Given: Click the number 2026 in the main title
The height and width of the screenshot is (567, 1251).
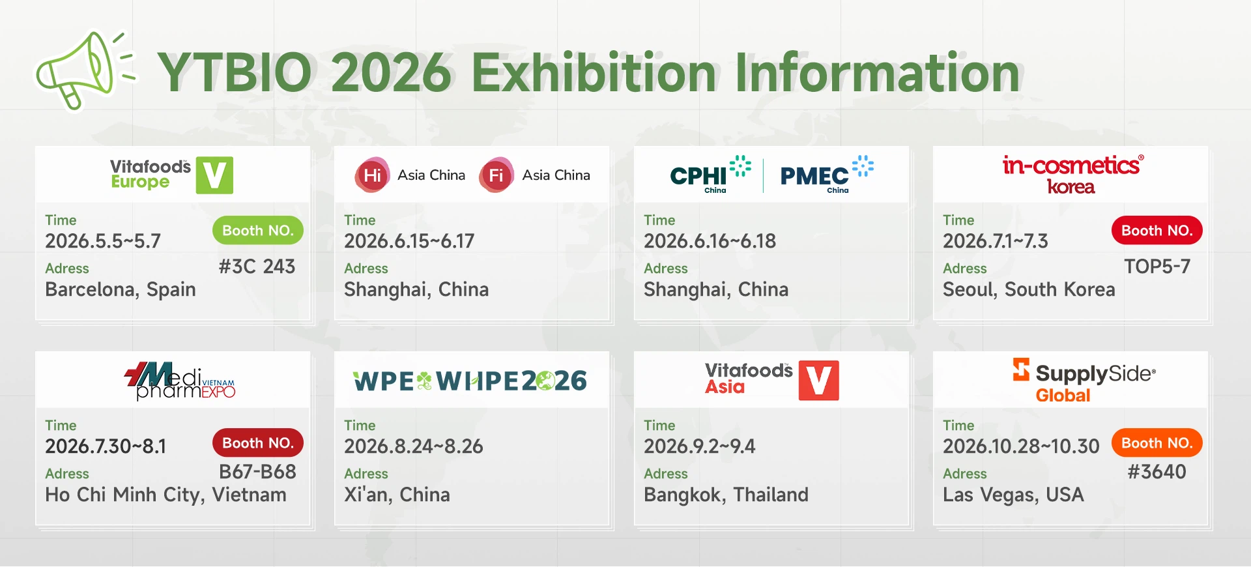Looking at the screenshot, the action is pyautogui.click(x=391, y=72).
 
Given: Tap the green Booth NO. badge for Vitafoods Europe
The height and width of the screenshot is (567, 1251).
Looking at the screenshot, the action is pyautogui.click(x=258, y=231).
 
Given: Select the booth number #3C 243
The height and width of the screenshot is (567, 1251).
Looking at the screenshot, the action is pyautogui.click(x=257, y=267).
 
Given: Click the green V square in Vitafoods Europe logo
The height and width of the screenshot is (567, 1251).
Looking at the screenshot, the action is pyautogui.click(x=214, y=175).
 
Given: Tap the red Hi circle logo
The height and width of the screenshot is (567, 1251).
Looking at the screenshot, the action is pyautogui.click(x=373, y=175).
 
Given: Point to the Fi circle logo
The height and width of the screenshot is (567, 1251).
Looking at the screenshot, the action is pyautogui.click(x=496, y=175).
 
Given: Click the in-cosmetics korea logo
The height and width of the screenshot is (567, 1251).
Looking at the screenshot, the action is pyautogui.click(x=1072, y=175).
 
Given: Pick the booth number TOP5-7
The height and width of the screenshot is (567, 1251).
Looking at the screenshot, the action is pyautogui.click(x=1157, y=267).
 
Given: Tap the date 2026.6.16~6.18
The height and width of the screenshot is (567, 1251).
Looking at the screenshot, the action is pyautogui.click(x=710, y=241).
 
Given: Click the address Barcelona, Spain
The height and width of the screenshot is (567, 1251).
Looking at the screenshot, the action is pyautogui.click(x=121, y=289).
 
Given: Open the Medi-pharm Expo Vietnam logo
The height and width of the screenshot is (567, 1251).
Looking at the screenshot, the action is pyautogui.click(x=180, y=381).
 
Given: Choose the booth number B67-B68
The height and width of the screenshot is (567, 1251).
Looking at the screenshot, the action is pyautogui.click(x=257, y=472).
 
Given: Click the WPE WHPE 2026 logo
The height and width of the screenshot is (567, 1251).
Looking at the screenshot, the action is pyautogui.click(x=470, y=381).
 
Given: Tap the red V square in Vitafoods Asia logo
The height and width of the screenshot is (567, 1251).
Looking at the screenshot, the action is pyautogui.click(x=819, y=381).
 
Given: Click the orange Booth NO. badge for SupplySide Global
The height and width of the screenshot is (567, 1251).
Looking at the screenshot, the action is pyautogui.click(x=1157, y=443).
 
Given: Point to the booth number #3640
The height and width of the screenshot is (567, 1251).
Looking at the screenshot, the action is pyautogui.click(x=1157, y=472).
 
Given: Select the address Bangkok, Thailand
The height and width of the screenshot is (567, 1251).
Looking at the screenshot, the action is pyautogui.click(x=726, y=495).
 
